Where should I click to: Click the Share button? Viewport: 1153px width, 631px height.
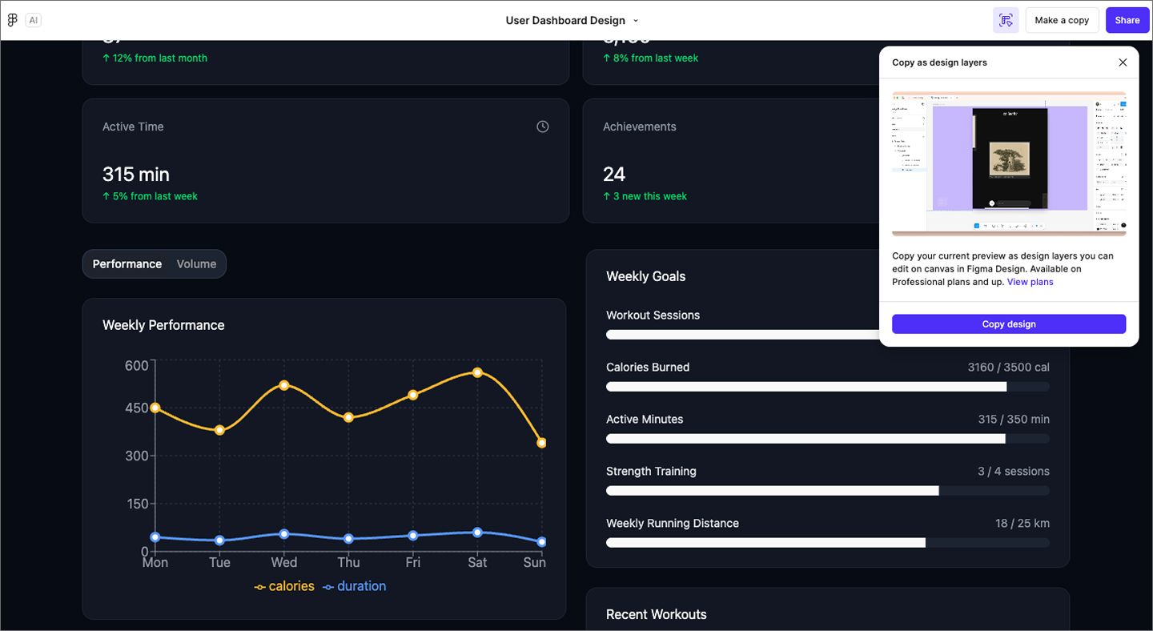pyautogui.click(x=1127, y=20)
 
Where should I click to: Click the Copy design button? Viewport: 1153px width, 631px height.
pyautogui.click(x=1008, y=324)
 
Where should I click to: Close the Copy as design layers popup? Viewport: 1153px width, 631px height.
pyautogui.click(x=1123, y=62)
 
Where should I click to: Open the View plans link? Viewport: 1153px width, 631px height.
pyautogui.click(x=1030, y=282)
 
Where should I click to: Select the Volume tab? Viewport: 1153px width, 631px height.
pyautogui.click(x=196, y=264)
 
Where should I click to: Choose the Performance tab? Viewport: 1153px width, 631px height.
pyautogui.click(x=127, y=264)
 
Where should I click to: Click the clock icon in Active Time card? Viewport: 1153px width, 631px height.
pyautogui.click(x=543, y=127)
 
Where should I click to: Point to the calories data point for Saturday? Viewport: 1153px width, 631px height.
pyautogui.click(x=477, y=372)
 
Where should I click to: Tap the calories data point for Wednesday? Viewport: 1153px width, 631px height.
pyautogui.click(x=284, y=385)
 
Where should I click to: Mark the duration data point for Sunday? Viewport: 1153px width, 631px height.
pyautogui.click(x=542, y=542)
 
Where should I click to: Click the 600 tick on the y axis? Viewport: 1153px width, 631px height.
pyautogui.click(x=137, y=366)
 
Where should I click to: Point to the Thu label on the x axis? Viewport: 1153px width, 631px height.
pyautogui.click(x=348, y=562)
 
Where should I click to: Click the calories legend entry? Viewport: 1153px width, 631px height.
pyautogui.click(x=284, y=586)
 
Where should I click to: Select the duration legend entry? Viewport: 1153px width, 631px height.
pyautogui.click(x=354, y=586)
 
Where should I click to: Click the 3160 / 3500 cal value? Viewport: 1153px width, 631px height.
pyautogui.click(x=1008, y=368)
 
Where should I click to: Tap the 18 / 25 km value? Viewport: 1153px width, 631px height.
pyautogui.click(x=1022, y=524)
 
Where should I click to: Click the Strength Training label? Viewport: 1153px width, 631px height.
pyautogui.click(x=651, y=472)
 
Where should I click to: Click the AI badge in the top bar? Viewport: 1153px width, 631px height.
pyautogui.click(x=33, y=20)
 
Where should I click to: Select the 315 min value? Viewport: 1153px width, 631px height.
pyautogui.click(x=136, y=174)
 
